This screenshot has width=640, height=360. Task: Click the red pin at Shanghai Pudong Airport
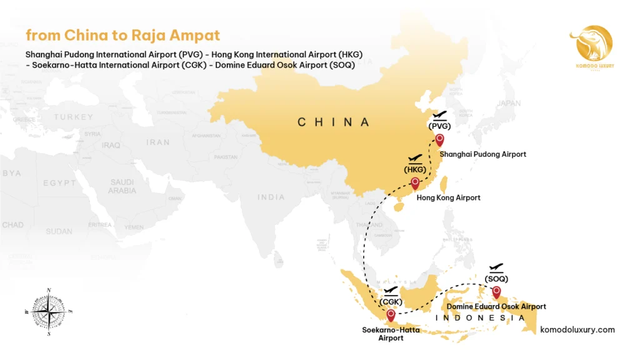(x=439, y=140)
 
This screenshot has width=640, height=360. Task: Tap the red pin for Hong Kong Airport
(x=414, y=182)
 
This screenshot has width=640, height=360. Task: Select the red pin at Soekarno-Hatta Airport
(x=391, y=315)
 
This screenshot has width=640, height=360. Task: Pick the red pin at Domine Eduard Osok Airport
(x=496, y=291)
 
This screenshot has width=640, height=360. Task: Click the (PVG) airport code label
(x=440, y=126)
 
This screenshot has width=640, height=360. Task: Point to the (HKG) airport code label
(x=415, y=169)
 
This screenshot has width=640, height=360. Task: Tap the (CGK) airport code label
(x=391, y=302)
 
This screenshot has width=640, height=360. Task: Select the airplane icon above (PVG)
(x=440, y=115)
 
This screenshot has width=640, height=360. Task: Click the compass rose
(x=49, y=311)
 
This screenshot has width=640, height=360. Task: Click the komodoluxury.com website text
(x=577, y=330)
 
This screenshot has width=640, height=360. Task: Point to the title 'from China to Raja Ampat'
(x=122, y=35)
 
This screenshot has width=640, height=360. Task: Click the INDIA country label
(x=271, y=197)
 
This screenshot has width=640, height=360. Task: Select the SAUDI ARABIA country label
(x=122, y=186)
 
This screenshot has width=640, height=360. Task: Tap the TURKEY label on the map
(x=73, y=117)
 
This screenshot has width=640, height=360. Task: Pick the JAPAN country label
(x=509, y=104)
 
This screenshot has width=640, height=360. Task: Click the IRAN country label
(x=158, y=142)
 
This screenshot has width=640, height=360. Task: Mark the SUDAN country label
(x=59, y=231)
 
